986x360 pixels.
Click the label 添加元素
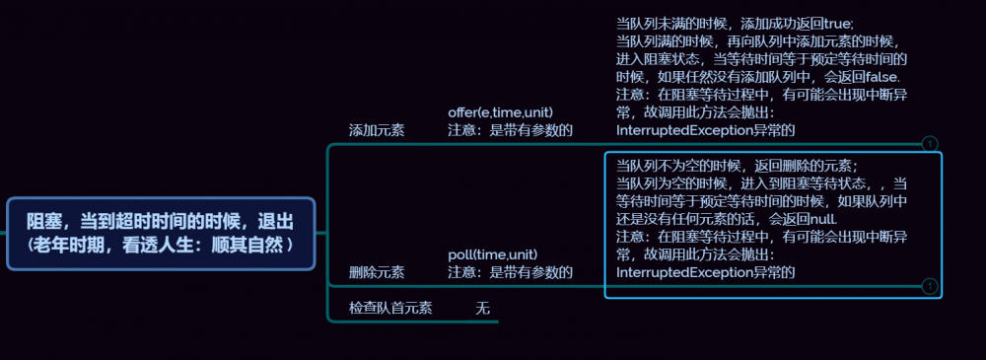[x=376, y=130]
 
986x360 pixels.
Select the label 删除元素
[x=376, y=271]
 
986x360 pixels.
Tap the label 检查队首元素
[x=390, y=308]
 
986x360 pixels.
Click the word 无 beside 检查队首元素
[x=482, y=308]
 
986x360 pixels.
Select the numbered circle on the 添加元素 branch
[x=929, y=144]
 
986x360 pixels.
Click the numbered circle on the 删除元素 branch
[x=929, y=286]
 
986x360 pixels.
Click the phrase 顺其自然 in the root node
[x=246, y=243]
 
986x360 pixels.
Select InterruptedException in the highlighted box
[x=677, y=271]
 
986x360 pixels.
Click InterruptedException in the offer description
[x=677, y=129]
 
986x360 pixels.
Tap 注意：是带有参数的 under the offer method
[x=510, y=130]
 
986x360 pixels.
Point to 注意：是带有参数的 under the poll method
[x=510, y=271]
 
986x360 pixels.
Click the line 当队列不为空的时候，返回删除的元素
[x=737, y=165]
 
